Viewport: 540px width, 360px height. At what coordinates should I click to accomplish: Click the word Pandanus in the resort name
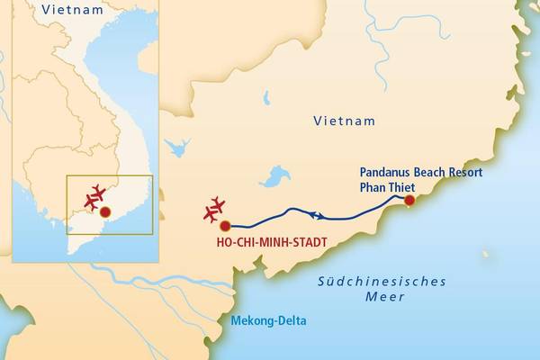coord(387,171)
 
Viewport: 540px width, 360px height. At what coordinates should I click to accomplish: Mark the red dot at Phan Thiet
coord(409,201)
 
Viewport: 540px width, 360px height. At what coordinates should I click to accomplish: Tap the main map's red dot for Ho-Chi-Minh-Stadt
coord(225,225)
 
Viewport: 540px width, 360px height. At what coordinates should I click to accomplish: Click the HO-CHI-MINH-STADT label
coord(270,242)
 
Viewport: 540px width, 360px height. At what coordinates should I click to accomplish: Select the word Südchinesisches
coord(382,281)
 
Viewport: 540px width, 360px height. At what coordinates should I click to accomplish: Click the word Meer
coord(382,297)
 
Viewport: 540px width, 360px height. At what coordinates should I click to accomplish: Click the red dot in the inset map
coord(105,212)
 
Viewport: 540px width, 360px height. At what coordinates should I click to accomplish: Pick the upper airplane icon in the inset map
coord(97,192)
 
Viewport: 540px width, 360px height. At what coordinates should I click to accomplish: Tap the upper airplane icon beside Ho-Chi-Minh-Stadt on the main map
coord(217,203)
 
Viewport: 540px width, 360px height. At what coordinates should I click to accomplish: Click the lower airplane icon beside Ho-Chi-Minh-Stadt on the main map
coord(211,215)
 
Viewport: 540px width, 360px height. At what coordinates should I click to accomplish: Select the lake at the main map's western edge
coord(178,147)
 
